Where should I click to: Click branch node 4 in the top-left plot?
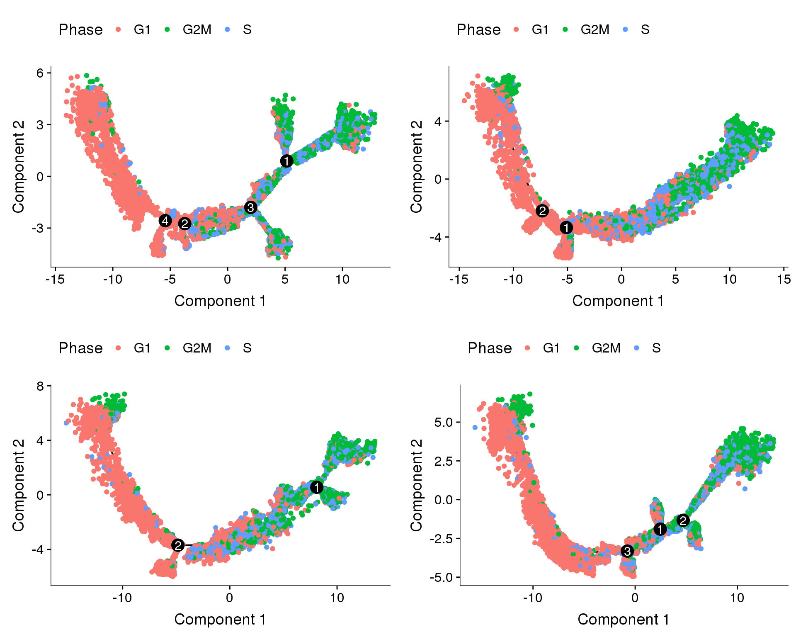click(165, 221)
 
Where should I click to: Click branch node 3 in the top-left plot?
click(250, 207)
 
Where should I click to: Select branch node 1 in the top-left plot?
click(286, 161)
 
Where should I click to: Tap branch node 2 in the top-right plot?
click(542, 211)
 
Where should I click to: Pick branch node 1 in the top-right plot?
click(566, 227)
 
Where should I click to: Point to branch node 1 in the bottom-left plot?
click(317, 487)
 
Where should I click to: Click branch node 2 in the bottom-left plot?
click(178, 545)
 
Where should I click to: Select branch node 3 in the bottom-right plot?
click(627, 551)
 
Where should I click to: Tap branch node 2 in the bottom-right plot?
click(683, 520)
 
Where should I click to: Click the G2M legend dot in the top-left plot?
click(167, 29)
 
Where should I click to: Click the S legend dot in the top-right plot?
click(626, 29)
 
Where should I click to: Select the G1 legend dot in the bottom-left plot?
click(119, 348)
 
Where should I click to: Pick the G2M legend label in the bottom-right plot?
click(606, 348)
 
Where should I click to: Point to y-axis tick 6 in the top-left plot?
click(40, 73)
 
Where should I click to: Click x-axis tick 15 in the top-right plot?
click(784, 279)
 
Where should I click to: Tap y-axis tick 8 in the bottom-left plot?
click(40, 386)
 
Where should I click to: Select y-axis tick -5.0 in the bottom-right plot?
click(444, 577)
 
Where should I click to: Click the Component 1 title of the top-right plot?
click(618, 301)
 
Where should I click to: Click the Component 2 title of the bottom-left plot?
click(19, 485)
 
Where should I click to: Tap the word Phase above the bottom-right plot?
click(490, 348)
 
